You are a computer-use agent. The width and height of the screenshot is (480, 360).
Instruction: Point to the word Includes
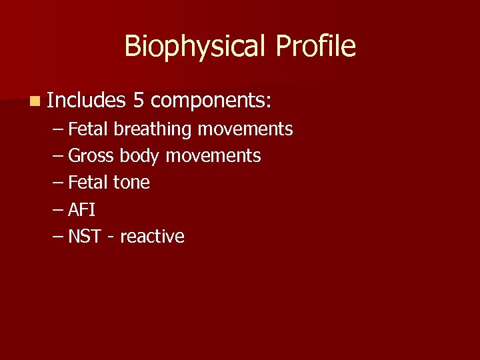(x=87, y=100)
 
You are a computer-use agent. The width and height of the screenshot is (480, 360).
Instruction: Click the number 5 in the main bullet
(x=139, y=100)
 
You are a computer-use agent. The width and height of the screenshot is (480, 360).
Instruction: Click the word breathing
(x=154, y=129)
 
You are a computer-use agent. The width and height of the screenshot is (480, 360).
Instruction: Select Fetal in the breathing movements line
(x=89, y=129)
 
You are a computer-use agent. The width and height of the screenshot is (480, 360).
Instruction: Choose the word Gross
(x=91, y=156)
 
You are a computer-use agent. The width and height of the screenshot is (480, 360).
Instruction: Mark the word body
(x=140, y=156)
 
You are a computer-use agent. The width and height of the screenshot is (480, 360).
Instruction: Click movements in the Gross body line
(x=213, y=156)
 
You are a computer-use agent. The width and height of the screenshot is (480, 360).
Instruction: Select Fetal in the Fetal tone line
(x=89, y=183)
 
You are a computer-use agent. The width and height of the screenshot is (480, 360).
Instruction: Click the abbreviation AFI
(x=82, y=210)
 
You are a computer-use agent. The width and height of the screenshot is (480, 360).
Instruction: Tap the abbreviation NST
(x=85, y=237)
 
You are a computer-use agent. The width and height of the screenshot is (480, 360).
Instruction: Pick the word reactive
(x=152, y=237)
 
